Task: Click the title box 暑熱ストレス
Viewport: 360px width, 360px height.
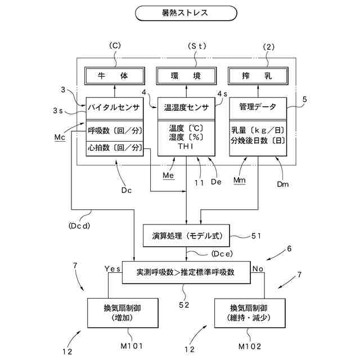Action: click(x=186, y=13)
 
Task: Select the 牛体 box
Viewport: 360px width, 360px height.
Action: click(x=115, y=76)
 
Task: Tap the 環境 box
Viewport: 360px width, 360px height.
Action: click(x=186, y=76)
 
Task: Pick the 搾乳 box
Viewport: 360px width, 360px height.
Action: click(x=258, y=76)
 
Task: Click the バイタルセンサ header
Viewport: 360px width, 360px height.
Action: click(x=115, y=108)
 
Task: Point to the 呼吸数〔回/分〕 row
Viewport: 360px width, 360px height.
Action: click(x=115, y=131)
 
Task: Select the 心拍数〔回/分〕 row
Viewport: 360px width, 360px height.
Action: click(x=115, y=148)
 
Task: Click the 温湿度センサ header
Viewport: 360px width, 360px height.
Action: click(x=186, y=108)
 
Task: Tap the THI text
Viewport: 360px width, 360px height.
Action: click(x=186, y=146)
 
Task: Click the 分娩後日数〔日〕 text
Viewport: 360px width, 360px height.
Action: click(x=258, y=141)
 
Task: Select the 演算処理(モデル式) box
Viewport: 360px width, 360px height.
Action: click(x=186, y=236)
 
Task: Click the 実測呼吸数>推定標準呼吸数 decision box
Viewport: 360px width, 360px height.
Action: click(x=186, y=272)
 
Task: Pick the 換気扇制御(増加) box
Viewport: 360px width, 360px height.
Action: click(x=123, y=313)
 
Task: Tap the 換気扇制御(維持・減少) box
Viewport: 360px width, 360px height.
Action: click(x=250, y=313)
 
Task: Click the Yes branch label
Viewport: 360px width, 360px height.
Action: click(x=112, y=269)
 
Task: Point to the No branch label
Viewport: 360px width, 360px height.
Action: click(x=258, y=269)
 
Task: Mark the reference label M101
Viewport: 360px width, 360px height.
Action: click(x=132, y=346)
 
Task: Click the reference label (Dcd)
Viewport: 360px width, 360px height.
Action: click(x=79, y=226)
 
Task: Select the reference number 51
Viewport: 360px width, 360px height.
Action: click(x=256, y=236)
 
